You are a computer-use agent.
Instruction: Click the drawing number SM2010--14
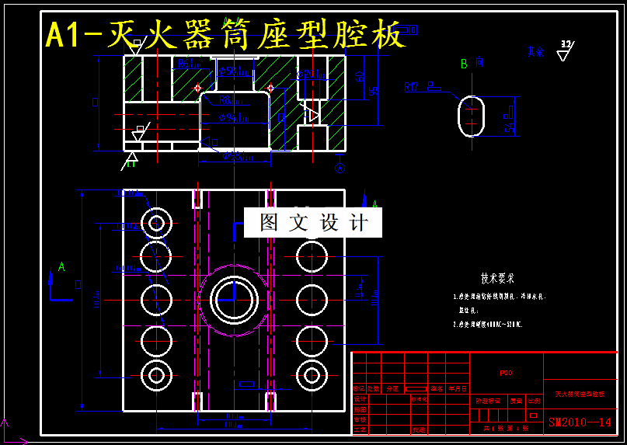click(580, 422)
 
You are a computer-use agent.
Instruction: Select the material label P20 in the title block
click(506, 374)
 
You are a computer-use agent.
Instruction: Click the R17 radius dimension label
click(411, 88)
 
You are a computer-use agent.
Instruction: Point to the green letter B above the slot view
click(464, 64)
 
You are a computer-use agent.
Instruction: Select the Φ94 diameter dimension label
click(233, 118)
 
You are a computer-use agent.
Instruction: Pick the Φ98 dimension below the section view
click(235, 157)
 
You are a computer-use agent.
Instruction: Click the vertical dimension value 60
click(360, 75)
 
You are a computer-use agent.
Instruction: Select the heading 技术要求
click(497, 278)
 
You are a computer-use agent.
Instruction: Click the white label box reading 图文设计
click(312, 223)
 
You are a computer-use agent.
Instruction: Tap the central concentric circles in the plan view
click(232, 298)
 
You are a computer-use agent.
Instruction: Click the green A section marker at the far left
click(61, 268)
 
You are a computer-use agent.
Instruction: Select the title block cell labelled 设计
click(360, 398)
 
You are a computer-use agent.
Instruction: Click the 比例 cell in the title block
click(534, 401)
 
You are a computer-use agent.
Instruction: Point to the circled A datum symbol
click(339, 167)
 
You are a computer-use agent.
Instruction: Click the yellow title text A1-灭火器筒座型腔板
click(225, 35)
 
